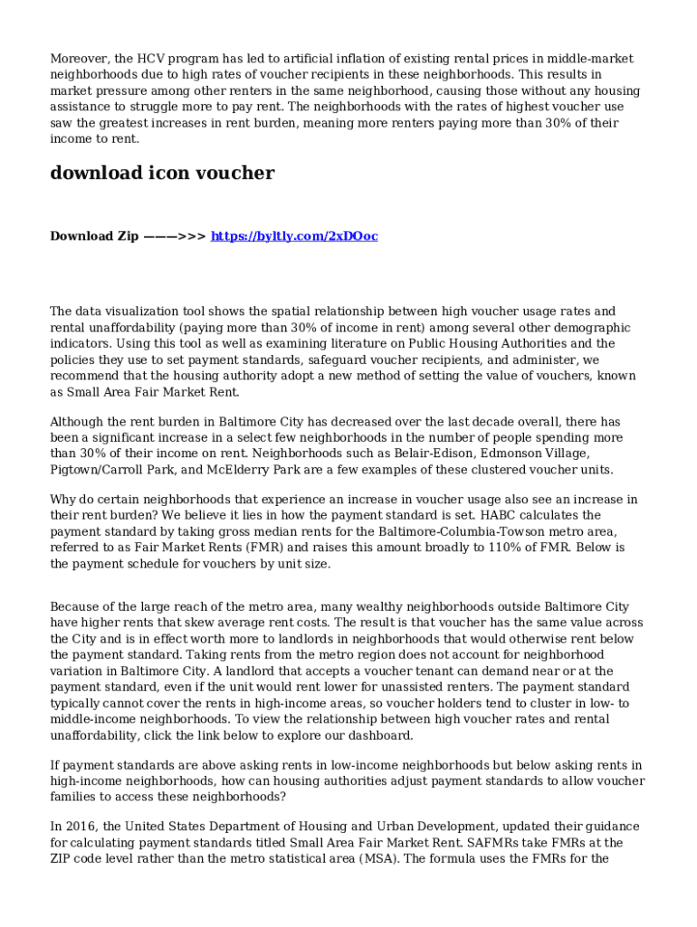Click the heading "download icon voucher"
pyautogui.click(x=162, y=173)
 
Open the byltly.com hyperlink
pyautogui.click(x=294, y=236)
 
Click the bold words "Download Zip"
pyautogui.click(x=94, y=236)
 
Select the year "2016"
pyautogui.click(x=81, y=827)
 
